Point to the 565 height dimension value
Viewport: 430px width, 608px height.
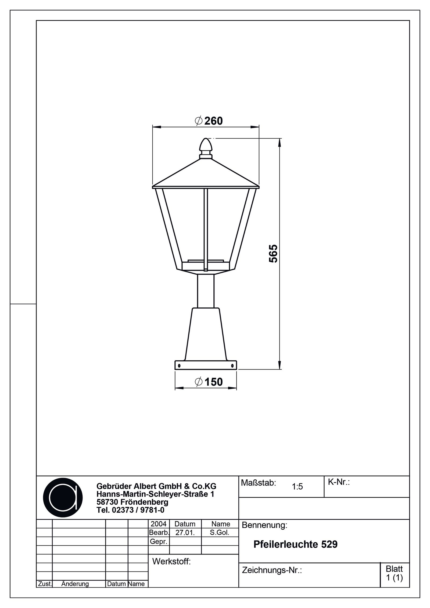pyautogui.click(x=273, y=253)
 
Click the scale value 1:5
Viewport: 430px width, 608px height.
pyautogui.click(x=297, y=487)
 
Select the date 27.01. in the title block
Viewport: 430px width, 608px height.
pyautogui.click(x=185, y=533)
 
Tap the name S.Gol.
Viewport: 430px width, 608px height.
pyautogui.click(x=220, y=533)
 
